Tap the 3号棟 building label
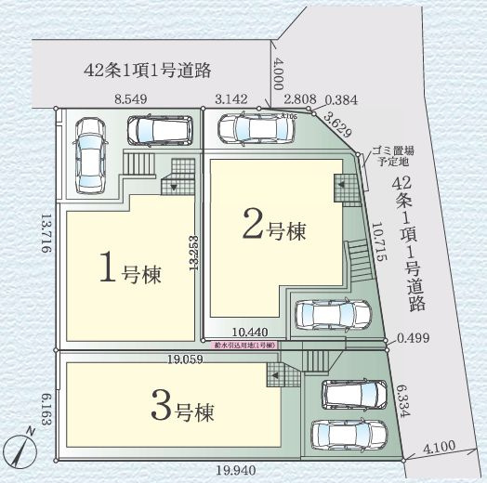[182, 406]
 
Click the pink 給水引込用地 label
[244, 344]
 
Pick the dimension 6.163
[44, 408]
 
